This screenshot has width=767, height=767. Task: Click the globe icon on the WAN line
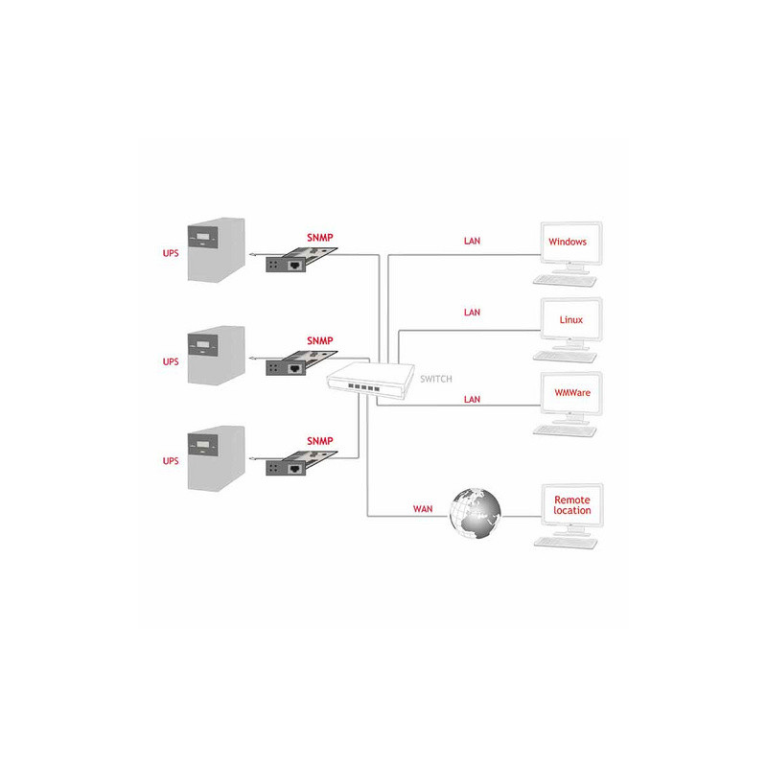(475, 514)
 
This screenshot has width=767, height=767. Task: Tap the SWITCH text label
(436, 379)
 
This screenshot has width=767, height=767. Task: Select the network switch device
(370, 381)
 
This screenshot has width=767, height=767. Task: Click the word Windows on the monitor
(568, 242)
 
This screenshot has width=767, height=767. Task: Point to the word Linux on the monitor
(570, 320)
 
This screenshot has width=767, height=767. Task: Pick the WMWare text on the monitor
(571, 392)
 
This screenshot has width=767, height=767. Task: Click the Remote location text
(571, 505)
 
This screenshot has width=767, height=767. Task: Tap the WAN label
(423, 509)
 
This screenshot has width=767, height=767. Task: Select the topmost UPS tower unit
(217, 249)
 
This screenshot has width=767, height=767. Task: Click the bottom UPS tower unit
(217, 458)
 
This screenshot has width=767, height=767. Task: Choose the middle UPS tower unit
(217, 355)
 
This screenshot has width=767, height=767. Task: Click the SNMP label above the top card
(320, 237)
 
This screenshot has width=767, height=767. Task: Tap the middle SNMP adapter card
(301, 363)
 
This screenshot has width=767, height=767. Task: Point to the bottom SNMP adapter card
(301, 463)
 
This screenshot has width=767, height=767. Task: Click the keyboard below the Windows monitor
(565, 281)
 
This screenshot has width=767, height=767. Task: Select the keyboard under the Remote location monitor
(566, 543)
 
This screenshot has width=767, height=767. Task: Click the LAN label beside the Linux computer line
(472, 313)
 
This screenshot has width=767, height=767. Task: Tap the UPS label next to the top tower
(171, 253)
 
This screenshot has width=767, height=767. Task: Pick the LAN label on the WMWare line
(472, 399)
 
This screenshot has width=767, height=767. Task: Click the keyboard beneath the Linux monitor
(565, 357)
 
